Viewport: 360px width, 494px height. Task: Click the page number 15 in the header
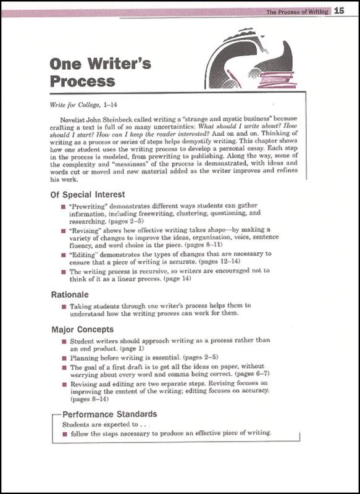[x=339, y=11]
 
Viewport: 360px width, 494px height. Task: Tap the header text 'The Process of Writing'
[x=297, y=12]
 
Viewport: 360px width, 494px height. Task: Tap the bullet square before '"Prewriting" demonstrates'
[x=63, y=206]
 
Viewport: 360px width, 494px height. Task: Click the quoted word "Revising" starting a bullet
[x=88, y=230]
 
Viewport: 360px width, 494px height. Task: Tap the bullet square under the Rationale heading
[x=63, y=306]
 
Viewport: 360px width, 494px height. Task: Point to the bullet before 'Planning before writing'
[x=63, y=358]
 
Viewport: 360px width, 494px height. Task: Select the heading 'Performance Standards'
[x=109, y=414]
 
